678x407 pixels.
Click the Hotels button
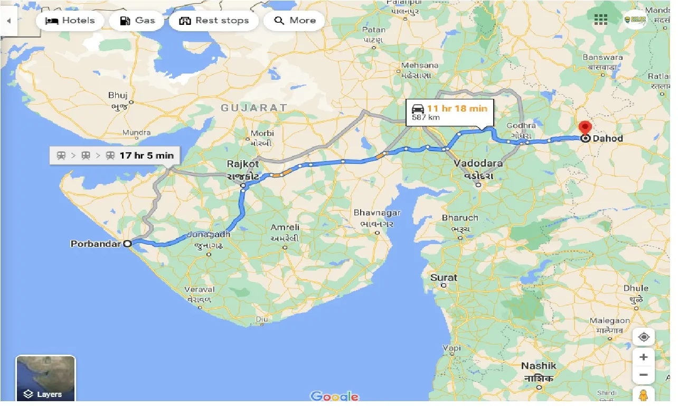pos(70,21)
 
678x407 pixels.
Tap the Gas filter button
pos(137,21)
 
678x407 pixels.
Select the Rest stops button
pos(214,21)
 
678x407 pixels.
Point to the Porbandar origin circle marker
pos(127,244)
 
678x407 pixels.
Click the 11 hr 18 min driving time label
pos(457,108)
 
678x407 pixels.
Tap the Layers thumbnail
pos(45,378)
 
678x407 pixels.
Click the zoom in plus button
pos(643,357)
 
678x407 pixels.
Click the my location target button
pos(643,337)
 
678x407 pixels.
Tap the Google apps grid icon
pos(601,20)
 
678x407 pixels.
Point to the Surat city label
pos(444,277)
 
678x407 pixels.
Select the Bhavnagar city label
pos(377,213)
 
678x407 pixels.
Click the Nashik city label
pos(539,366)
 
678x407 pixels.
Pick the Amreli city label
pos(285,227)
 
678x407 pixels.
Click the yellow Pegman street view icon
pos(643,395)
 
